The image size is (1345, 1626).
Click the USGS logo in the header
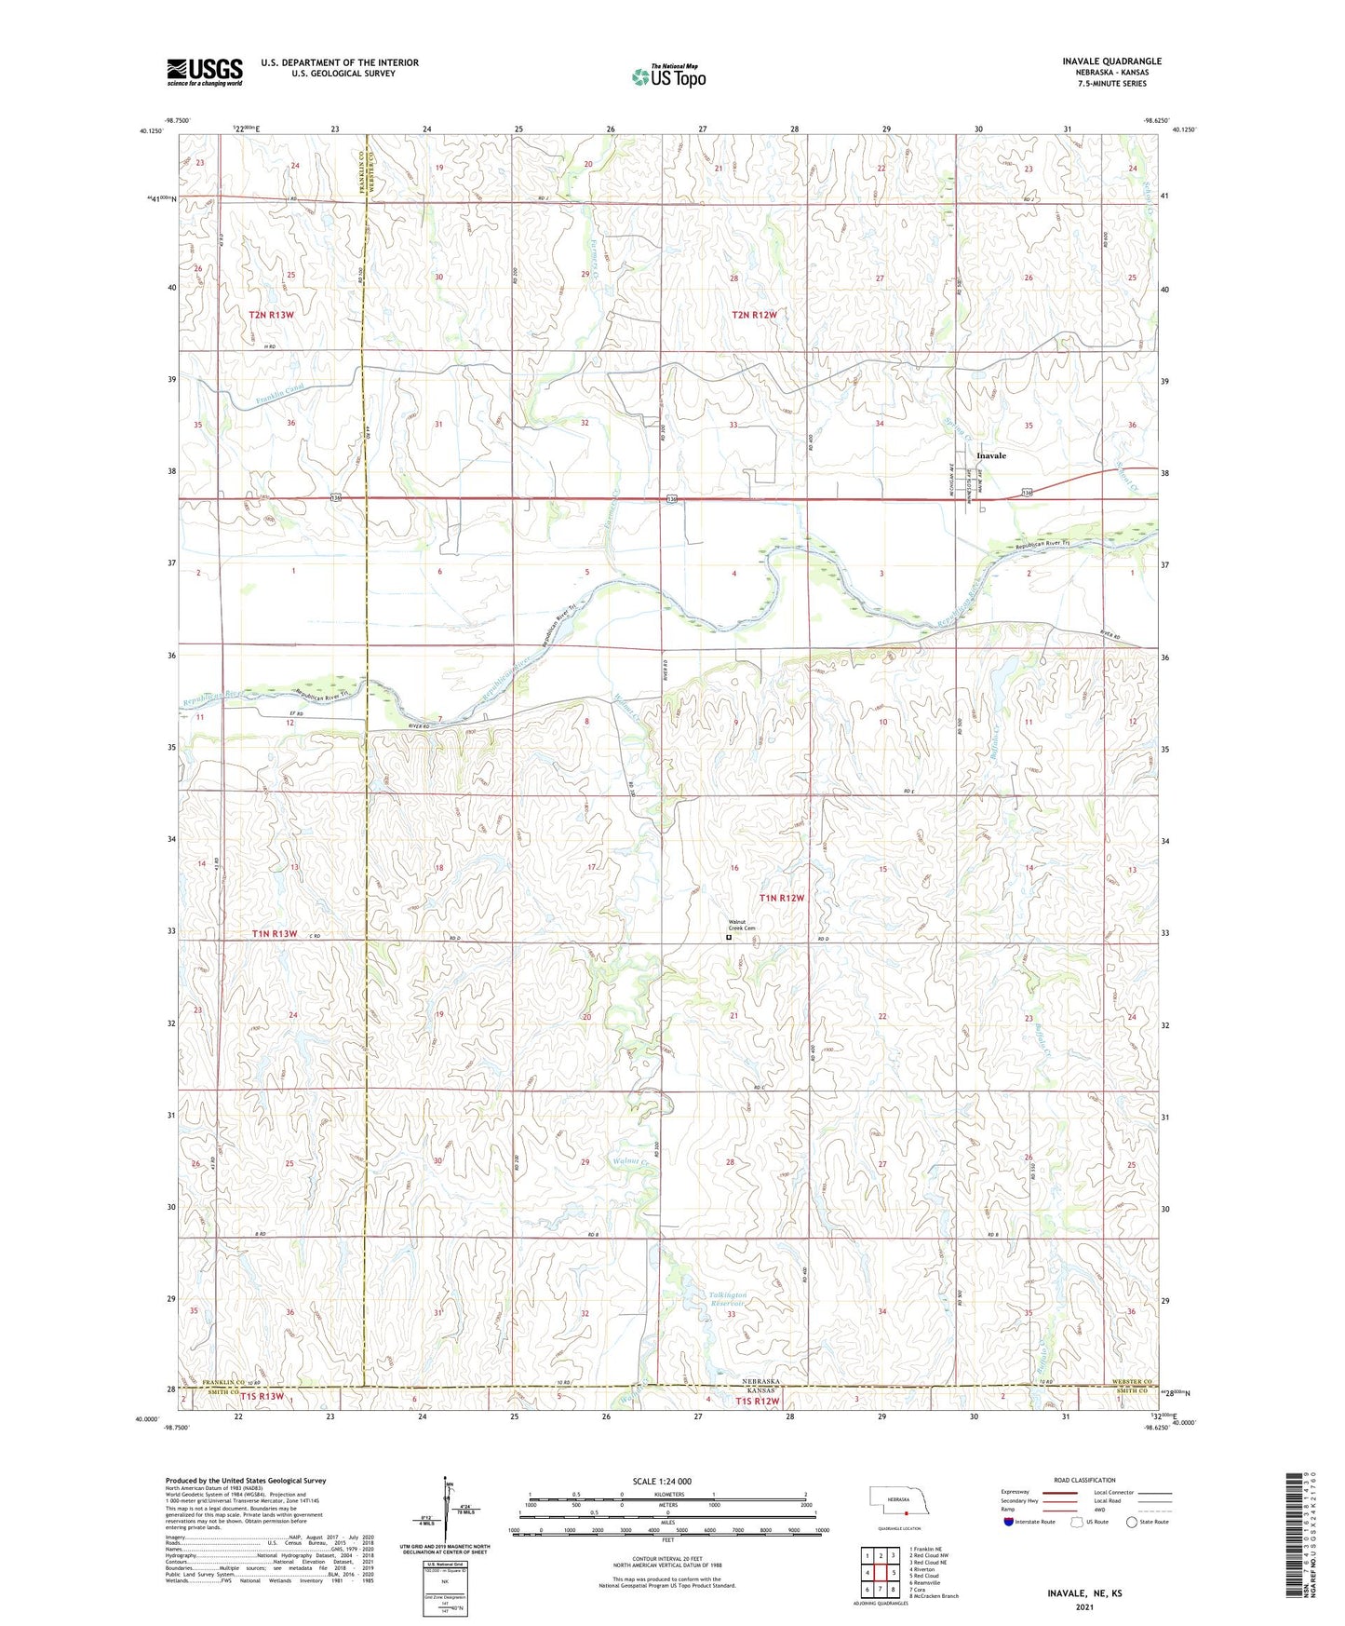205,71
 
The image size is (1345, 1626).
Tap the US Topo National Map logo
667,75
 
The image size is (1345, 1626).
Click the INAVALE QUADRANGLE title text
1111,61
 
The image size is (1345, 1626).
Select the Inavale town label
991,455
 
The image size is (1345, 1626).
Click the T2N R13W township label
272,315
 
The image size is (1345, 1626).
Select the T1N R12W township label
781,898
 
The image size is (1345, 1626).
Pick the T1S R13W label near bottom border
261,1396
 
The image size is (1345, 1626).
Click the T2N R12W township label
754,315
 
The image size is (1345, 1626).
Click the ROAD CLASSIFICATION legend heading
1084,1480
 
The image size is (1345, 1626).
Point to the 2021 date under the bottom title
1085,1606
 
